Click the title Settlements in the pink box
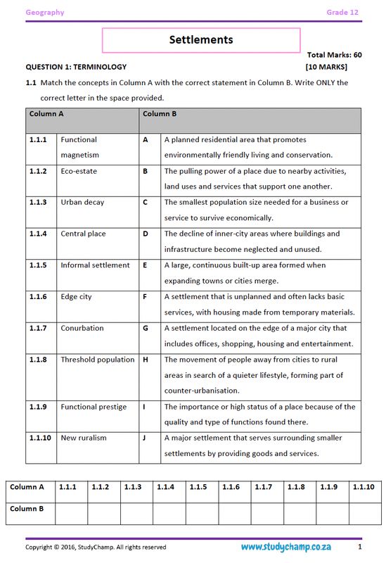point(200,40)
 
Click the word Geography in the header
point(45,13)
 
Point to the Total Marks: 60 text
point(335,54)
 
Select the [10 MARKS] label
point(326,67)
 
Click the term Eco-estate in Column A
point(79,171)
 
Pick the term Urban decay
point(82,203)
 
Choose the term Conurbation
point(82,328)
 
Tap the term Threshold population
point(97,360)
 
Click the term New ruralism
point(83,438)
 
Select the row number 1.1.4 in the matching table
point(38,234)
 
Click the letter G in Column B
point(146,328)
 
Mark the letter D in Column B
point(146,234)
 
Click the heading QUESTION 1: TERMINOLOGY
point(76,67)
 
